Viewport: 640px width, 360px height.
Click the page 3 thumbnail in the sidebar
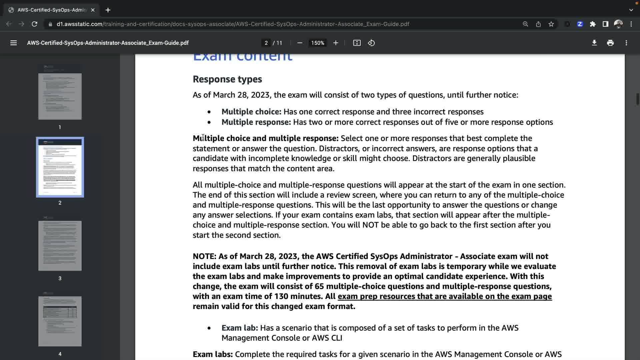[x=60, y=246]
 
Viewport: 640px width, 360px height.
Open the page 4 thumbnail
[x=60, y=321]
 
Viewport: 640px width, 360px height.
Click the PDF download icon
[x=594, y=43]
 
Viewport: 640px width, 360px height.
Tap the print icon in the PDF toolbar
[x=610, y=43]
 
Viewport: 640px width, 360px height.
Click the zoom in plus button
[x=336, y=43]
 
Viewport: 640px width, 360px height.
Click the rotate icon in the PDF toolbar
[x=371, y=43]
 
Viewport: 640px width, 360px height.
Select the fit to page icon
[x=357, y=43]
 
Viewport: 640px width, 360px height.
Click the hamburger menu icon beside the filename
[x=13, y=43]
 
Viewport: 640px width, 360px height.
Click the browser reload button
[x=34, y=24]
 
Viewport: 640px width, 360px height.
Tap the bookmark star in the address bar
[x=551, y=24]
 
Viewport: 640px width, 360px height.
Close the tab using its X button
[x=93, y=10]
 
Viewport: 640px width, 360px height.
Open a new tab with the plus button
[x=108, y=10]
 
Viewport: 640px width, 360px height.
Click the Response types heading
[x=227, y=79]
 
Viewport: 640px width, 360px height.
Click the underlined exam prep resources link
[x=445, y=296]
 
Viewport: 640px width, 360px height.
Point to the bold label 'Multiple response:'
[x=256, y=122]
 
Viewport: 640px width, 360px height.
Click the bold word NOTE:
[x=204, y=256]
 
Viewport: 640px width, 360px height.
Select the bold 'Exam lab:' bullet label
[x=240, y=328]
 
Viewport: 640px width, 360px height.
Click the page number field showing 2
[x=266, y=43]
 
